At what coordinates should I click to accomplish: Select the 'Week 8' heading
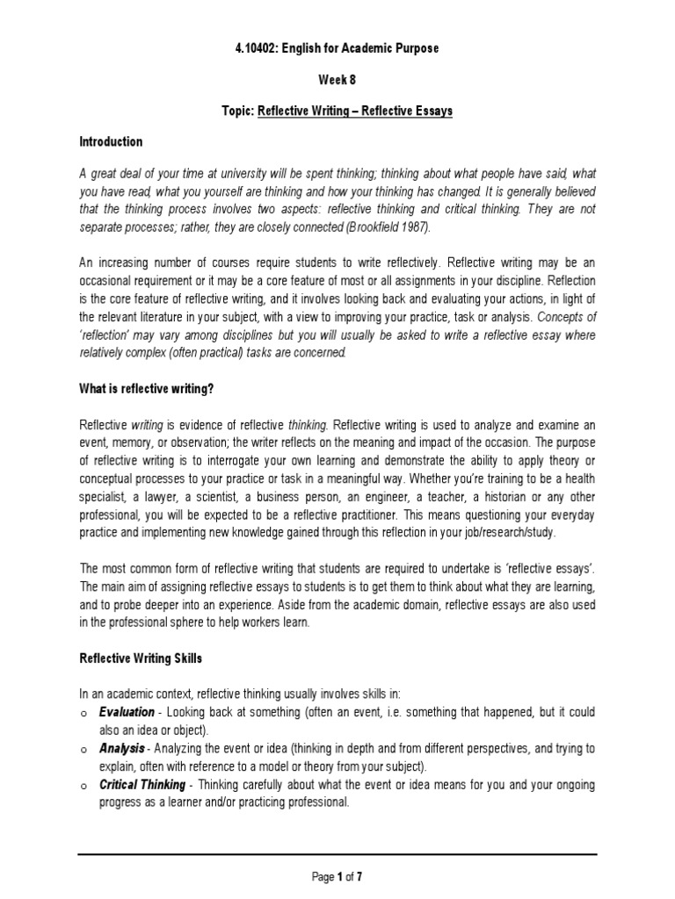pyautogui.click(x=337, y=78)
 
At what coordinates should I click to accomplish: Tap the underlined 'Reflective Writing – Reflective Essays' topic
pyautogui.click(x=355, y=110)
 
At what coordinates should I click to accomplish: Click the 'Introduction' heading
pyautogui.click(x=111, y=141)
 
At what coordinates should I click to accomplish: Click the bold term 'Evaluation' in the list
pyautogui.click(x=127, y=712)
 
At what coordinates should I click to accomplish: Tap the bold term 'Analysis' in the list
pyautogui.click(x=121, y=749)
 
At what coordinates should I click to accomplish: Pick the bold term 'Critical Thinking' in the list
pyautogui.click(x=142, y=785)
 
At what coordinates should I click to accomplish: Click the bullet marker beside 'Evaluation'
pyautogui.click(x=83, y=713)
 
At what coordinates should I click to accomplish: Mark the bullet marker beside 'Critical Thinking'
pyautogui.click(x=83, y=786)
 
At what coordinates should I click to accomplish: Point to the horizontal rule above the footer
pyautogui.click(x=337, y=854)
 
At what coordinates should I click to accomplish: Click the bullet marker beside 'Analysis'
pyautogui.click(x=83, y=750)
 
